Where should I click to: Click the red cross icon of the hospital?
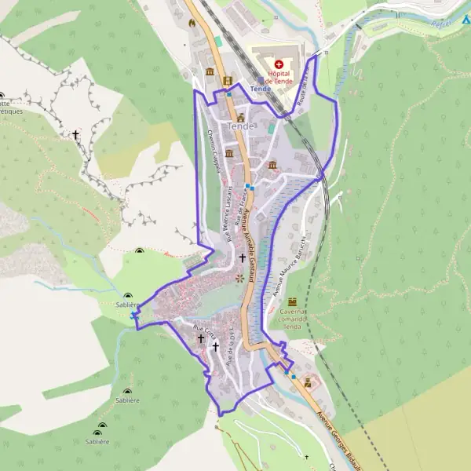click(x=279, y=63)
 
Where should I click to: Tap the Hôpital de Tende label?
click(x=279, y=76)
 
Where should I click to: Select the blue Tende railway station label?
click(x=260, y=89)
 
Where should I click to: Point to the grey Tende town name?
click(x=240, y=126)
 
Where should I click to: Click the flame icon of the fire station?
click(x=191, y=23)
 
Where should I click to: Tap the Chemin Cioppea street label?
click(x=213, y=150)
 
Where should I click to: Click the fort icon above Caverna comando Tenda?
click(x=294, y=301)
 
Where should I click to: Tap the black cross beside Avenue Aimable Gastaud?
click(x=242, y=257)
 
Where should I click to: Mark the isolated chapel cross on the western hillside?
click(x=76, y=135)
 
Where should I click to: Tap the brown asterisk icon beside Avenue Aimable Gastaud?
click(x=240, y=278)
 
